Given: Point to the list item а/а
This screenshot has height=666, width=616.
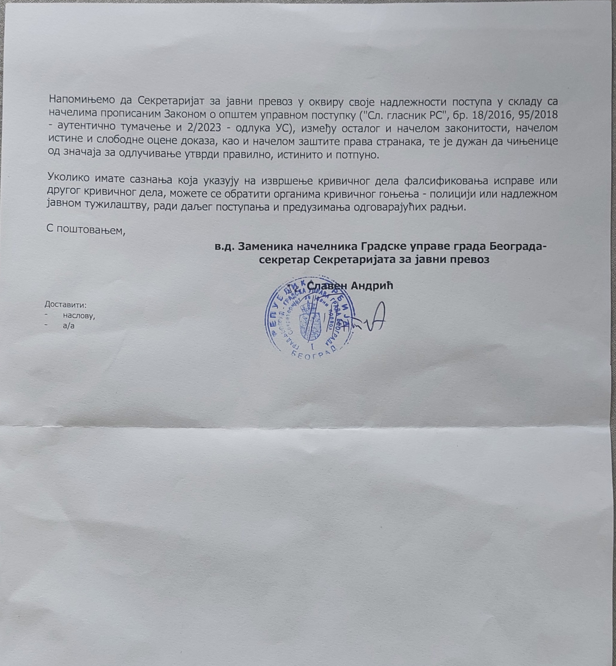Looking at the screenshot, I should [x=69, y=326].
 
